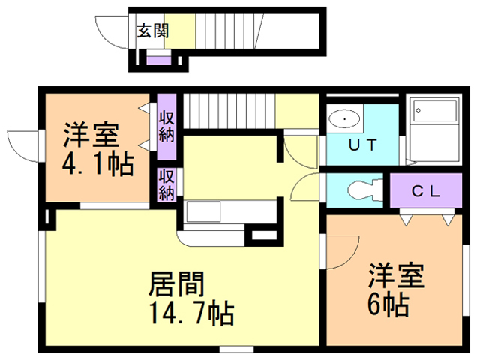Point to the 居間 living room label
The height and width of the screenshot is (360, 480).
[x=177, y=284]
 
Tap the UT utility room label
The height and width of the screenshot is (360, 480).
[x=362, y=145]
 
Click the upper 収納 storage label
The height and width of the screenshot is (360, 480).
[x=166, y=125]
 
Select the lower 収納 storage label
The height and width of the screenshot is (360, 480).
[x=166, y=184]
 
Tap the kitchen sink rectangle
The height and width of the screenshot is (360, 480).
[x=203, y=211]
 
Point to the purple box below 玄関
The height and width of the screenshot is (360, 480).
[x=158, y=60]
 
